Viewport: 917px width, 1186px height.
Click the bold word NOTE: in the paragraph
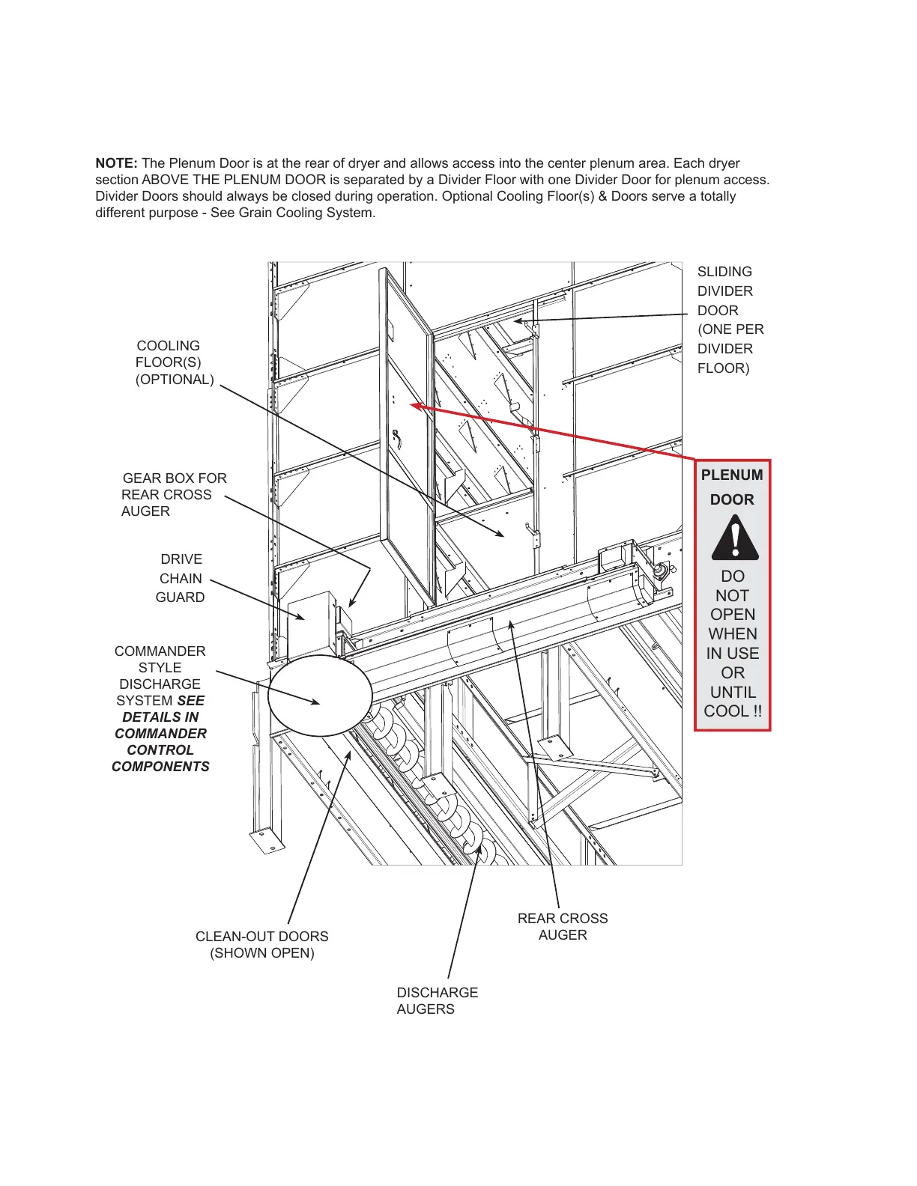(x=116, y=163)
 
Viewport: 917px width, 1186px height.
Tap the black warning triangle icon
(x=734, y=538)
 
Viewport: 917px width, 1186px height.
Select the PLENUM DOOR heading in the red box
(x=732, y=487)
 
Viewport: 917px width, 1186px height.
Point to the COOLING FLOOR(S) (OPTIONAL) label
(x=174, y=362)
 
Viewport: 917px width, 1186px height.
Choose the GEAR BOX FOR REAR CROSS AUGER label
(x=173, y=494)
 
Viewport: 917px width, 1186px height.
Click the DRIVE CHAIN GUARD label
(x=181, y=578)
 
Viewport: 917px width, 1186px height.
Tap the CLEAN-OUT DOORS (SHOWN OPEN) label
(x=261, y=944)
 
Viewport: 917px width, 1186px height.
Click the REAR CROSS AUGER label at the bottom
(x=563, y=926)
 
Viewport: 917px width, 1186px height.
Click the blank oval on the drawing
(x=320, y=696)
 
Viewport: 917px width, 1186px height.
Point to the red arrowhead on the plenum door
(x=415, y=406)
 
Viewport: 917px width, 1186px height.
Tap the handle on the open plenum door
(x=397, y=437)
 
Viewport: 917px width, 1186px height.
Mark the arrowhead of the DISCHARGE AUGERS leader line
(x=478, y=854)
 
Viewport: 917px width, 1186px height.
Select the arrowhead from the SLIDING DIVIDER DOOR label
(x=518, y=321)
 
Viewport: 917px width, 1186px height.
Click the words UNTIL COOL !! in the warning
(x=733, y=702)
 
